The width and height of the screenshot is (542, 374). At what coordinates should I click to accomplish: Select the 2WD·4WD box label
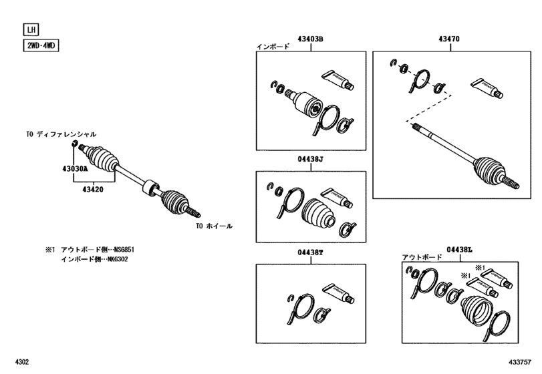coord(39,46)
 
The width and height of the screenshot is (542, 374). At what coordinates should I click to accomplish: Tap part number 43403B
coord(311,40)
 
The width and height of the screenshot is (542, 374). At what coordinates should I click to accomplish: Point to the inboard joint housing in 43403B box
coord(307,102)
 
